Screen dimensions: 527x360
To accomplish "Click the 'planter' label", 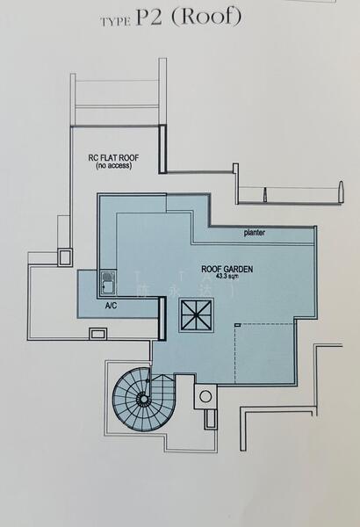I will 255,233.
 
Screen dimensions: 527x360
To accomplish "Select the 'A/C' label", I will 112,307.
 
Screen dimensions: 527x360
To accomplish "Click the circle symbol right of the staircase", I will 205,397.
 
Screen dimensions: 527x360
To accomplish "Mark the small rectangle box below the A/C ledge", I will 98,333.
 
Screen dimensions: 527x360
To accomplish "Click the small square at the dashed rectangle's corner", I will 237,325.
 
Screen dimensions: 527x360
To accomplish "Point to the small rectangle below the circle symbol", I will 209,418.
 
